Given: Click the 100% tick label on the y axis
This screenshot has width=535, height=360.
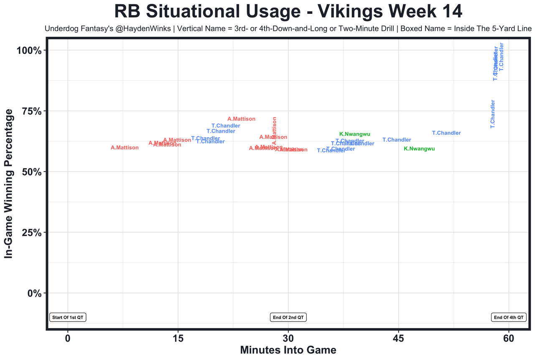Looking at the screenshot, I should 29,51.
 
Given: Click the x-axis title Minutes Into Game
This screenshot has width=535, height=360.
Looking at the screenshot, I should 288,350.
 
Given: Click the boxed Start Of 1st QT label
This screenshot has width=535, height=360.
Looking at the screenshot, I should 68,317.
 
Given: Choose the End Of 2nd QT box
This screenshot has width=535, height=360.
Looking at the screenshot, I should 288,317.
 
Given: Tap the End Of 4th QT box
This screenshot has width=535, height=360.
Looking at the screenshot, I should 509,317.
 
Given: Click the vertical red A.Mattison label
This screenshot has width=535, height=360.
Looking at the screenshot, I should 275,130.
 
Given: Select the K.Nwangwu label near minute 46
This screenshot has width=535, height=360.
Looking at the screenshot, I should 419,149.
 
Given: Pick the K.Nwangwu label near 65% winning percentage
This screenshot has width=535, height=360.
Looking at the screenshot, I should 355,134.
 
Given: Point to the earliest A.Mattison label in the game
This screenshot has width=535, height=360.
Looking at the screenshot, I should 125,148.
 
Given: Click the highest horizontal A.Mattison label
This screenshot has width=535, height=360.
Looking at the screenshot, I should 241,119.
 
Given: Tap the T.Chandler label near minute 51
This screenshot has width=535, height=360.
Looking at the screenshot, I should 446,133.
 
